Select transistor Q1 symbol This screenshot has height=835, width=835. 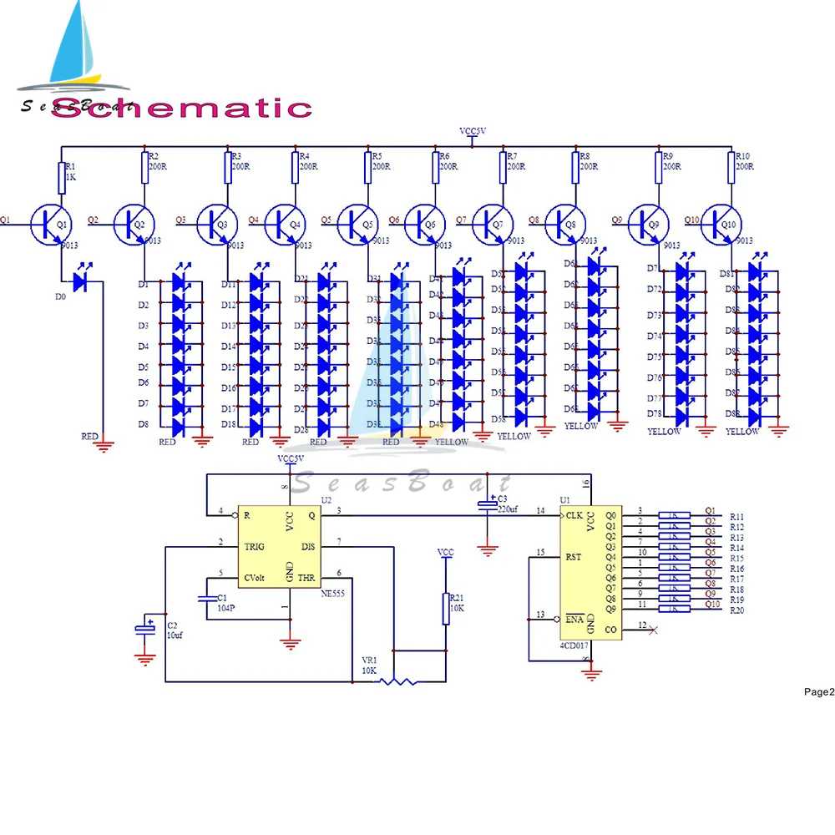49,222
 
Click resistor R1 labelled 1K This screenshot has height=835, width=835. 61,176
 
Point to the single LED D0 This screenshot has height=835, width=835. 80,282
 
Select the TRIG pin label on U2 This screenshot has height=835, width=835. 255,546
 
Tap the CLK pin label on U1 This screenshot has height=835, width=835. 574,515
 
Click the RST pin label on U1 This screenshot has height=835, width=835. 573,555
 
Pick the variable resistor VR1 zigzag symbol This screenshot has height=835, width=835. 397,681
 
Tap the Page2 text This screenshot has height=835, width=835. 818,691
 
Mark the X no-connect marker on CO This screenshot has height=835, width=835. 653,629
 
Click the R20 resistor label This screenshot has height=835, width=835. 736,610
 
